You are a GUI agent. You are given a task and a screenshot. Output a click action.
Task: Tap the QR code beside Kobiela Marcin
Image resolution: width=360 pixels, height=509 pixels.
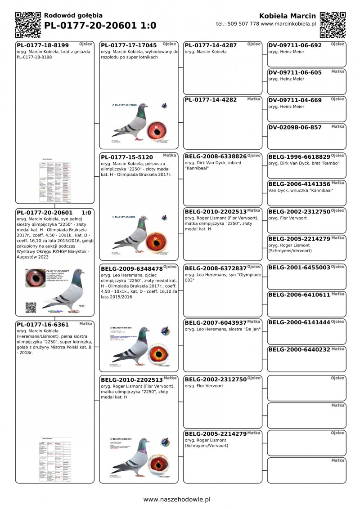coord(333,24)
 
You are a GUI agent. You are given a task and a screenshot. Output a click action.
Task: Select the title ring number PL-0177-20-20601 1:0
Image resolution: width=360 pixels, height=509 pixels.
coord(100,26)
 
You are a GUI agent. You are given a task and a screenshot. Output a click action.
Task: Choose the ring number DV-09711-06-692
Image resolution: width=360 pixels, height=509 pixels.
coord(295,45)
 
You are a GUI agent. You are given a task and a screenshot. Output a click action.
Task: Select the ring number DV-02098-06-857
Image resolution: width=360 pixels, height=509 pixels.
coord(295,127)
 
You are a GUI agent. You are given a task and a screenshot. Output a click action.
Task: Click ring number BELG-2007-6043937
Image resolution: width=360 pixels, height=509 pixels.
coord(216,322)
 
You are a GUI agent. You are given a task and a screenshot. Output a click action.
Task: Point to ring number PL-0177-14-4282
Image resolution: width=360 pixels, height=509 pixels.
coord(211,100)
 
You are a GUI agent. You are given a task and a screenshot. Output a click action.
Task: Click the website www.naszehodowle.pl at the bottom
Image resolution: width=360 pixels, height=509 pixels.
coord(177,499)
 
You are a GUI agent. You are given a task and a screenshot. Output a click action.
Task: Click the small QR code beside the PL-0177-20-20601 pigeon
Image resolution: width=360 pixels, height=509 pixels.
coord(31,308)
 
